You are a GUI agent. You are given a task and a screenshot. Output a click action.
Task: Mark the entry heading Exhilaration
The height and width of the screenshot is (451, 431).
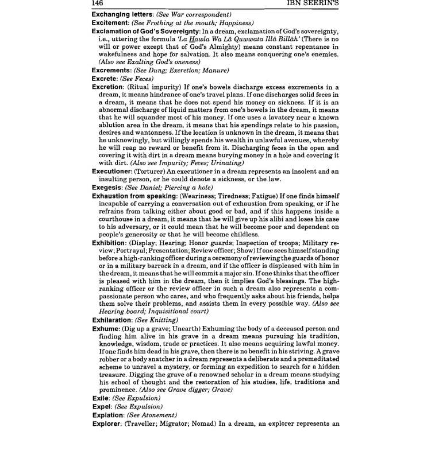point(115,319)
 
